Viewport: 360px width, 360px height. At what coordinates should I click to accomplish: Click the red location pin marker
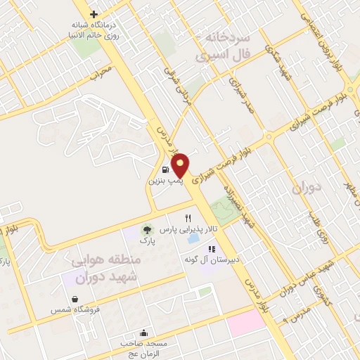coord(180,165)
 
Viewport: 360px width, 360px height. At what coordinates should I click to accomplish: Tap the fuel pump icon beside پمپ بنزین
coord(165,169)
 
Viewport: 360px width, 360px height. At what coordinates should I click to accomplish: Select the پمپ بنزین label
coord(165,181)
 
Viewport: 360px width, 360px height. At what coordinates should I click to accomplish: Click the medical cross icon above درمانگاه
coord(94,14)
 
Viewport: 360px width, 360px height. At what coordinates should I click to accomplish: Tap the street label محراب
coord(101,72)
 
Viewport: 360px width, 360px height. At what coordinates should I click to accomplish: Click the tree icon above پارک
coord(147,229)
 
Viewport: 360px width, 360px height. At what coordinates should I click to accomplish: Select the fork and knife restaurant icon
coord(188,218)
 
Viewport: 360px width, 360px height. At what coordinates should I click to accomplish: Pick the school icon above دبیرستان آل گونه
coord(210,249)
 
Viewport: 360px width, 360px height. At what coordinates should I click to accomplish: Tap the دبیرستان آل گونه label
coord(210,260)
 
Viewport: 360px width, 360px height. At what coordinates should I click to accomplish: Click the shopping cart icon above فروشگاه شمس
coord(74,297)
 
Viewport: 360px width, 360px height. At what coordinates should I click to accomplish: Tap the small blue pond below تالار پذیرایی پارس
coord(193,240)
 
